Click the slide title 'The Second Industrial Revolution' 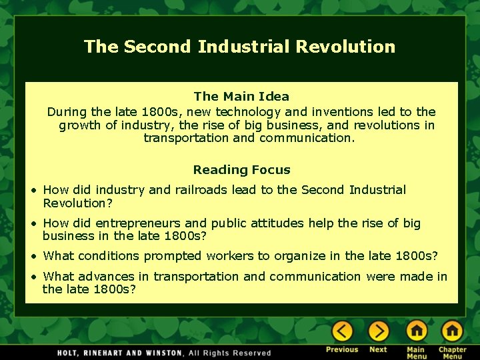pyautogui.click(x=239, y=47)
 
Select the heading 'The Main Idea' pyautogui.click(x=241, y=97)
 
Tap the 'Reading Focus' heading pyautogui.click(x=241, y=170)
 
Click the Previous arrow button pyautogui.click(x=342, y=331)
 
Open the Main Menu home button pyautogui.click(x=417, y=331)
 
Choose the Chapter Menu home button pyautogui.click(x=452, y=331)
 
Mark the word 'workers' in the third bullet pyautogui.click(x=231, y=256)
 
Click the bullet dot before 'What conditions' pyautogui.click(x=34, y=257)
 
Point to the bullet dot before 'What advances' pyautogui.click(x=34, y=277)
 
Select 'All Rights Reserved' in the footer pyautogui.click(x=230, y=353)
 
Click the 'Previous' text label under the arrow pyautogui.click(x=342, y=350)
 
